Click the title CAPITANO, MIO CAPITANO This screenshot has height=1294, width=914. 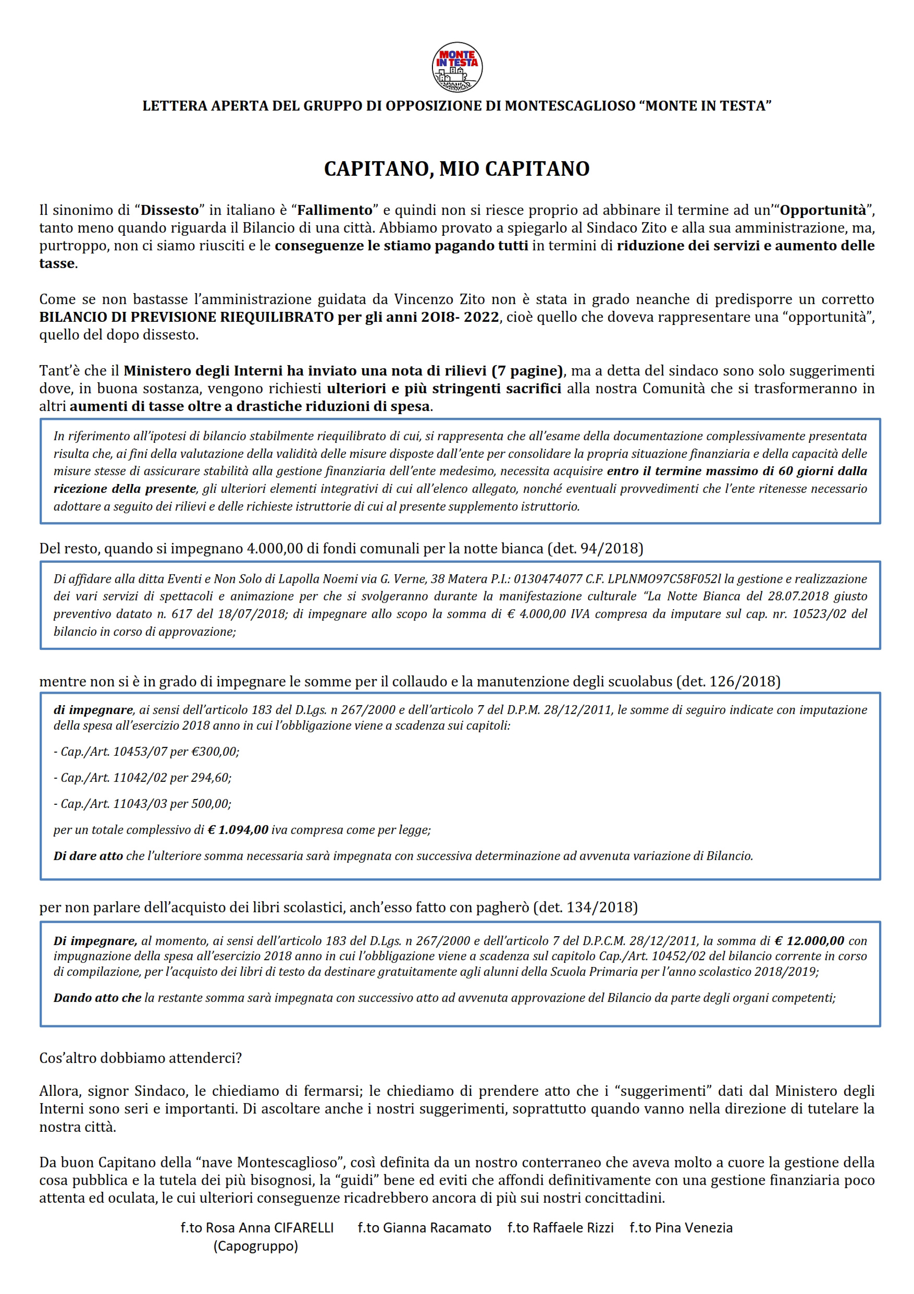click(456, 168)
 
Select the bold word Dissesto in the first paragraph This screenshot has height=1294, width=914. click(169, 210)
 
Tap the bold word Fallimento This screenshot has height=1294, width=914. click(335, 210)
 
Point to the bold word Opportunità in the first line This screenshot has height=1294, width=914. click(822, 210)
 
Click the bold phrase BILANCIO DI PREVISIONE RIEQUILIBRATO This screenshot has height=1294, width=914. click(187, 317)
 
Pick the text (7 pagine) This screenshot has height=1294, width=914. click(527, 371)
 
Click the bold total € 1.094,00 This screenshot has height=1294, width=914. click(238, 830)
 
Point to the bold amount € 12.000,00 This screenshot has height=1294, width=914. click(809, 940)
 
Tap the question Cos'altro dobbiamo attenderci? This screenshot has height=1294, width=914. click(140, 1058)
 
